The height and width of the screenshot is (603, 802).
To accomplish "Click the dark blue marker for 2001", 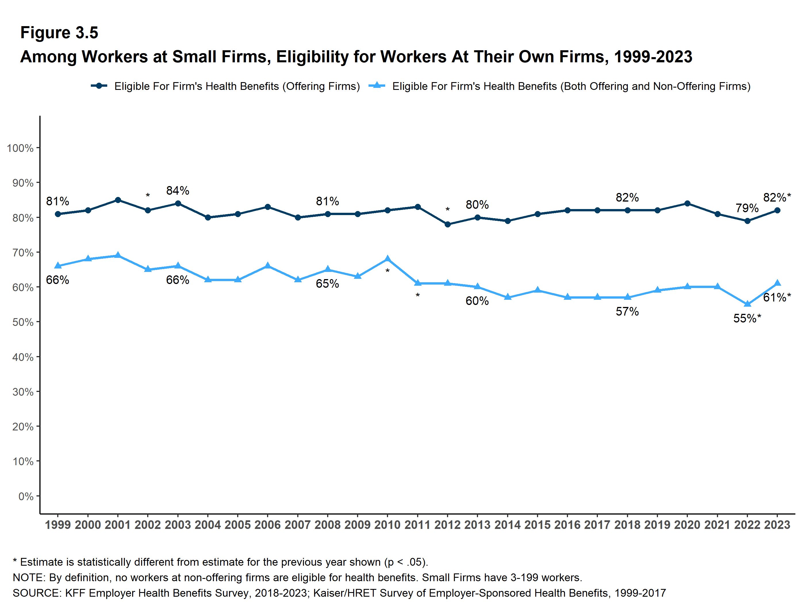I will [x=118, y=200].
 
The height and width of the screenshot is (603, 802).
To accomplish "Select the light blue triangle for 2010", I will [x=387, y=259].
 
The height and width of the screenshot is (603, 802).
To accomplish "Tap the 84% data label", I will [x=178, y=190].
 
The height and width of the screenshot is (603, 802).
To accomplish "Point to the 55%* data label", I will [x=747, y=318].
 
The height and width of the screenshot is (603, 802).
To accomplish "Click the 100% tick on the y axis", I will [x=20, y=148].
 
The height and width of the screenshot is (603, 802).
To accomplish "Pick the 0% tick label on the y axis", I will [x=26, y=496].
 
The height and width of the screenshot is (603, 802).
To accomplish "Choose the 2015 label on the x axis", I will [x=537, y=525].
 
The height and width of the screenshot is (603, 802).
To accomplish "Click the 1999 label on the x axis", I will [x=58, y=525].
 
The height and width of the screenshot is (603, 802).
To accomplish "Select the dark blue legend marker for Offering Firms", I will [x=99, y=86].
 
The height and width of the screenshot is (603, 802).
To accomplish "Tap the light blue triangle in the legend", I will [x=377, y=86].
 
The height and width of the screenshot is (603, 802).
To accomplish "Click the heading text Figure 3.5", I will [x=59, y=33].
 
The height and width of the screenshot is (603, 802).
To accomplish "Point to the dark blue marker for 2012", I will [x=447, y=225].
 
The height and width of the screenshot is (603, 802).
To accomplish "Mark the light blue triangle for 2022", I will [x=747, y=304].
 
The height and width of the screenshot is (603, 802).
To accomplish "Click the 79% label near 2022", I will [x=747, y=208].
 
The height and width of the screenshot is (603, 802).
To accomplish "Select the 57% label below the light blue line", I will [x=627, y=312].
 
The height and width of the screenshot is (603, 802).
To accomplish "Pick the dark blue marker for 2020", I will [x=687, y=204].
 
